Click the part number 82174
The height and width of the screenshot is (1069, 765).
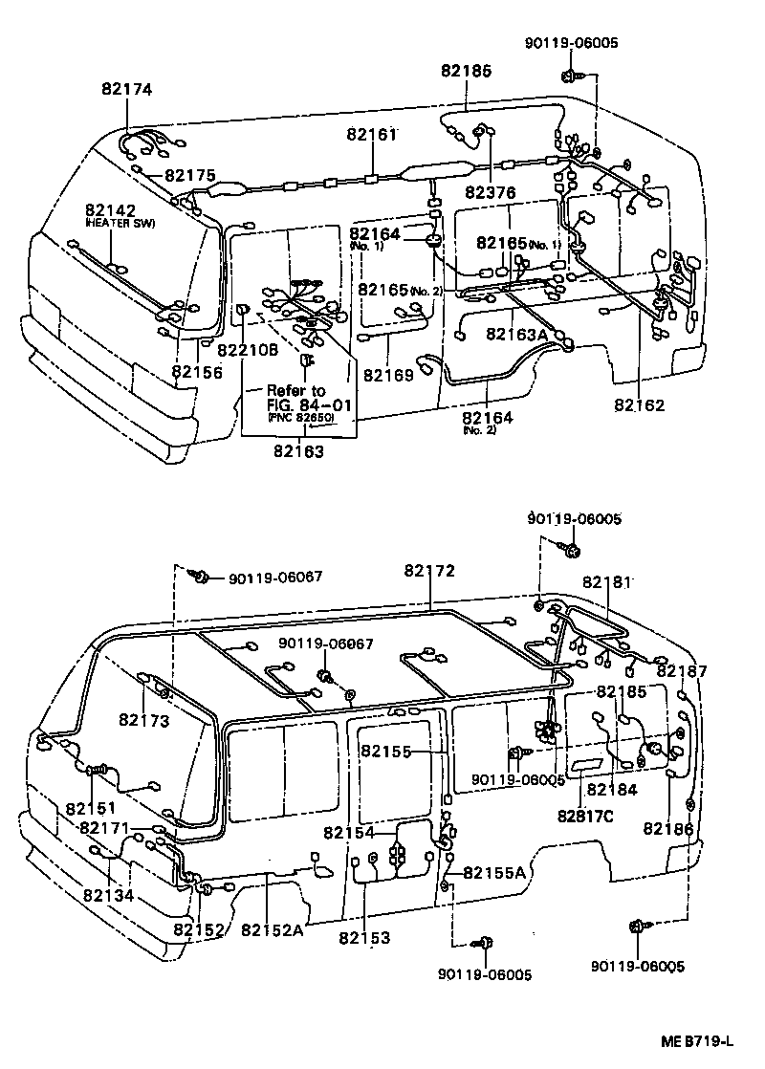point(127,90)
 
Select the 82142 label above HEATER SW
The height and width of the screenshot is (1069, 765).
point(110,210)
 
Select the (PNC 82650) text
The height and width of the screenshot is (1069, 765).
point(301,418)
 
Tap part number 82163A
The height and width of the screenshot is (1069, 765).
point(517,334)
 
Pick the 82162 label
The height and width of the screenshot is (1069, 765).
point(639,405)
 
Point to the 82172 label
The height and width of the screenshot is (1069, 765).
point(428,570)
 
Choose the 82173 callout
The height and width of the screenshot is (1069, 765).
point(144,720)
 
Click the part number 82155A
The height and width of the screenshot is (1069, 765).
point(495,872)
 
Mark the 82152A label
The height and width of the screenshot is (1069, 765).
point(272,930)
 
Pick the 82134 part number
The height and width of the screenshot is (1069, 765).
point(108,896)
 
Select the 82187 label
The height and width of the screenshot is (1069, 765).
point(682,671)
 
